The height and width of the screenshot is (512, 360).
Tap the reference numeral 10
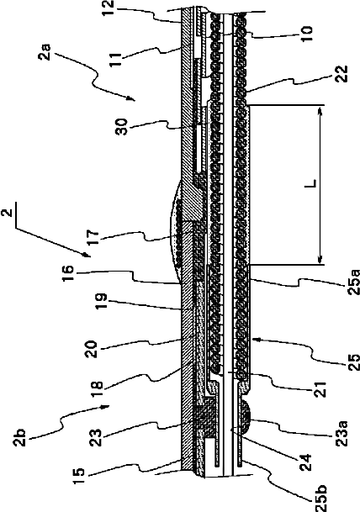(x=306, y=32)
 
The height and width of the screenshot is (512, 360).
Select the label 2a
(x=44, y=51)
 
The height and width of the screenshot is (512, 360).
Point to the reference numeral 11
(x=114, y=58)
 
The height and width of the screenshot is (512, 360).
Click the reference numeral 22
(x=341, y=74)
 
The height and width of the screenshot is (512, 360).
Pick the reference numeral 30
(x=123, y=127)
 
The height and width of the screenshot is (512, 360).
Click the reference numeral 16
(x=68, y=273)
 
